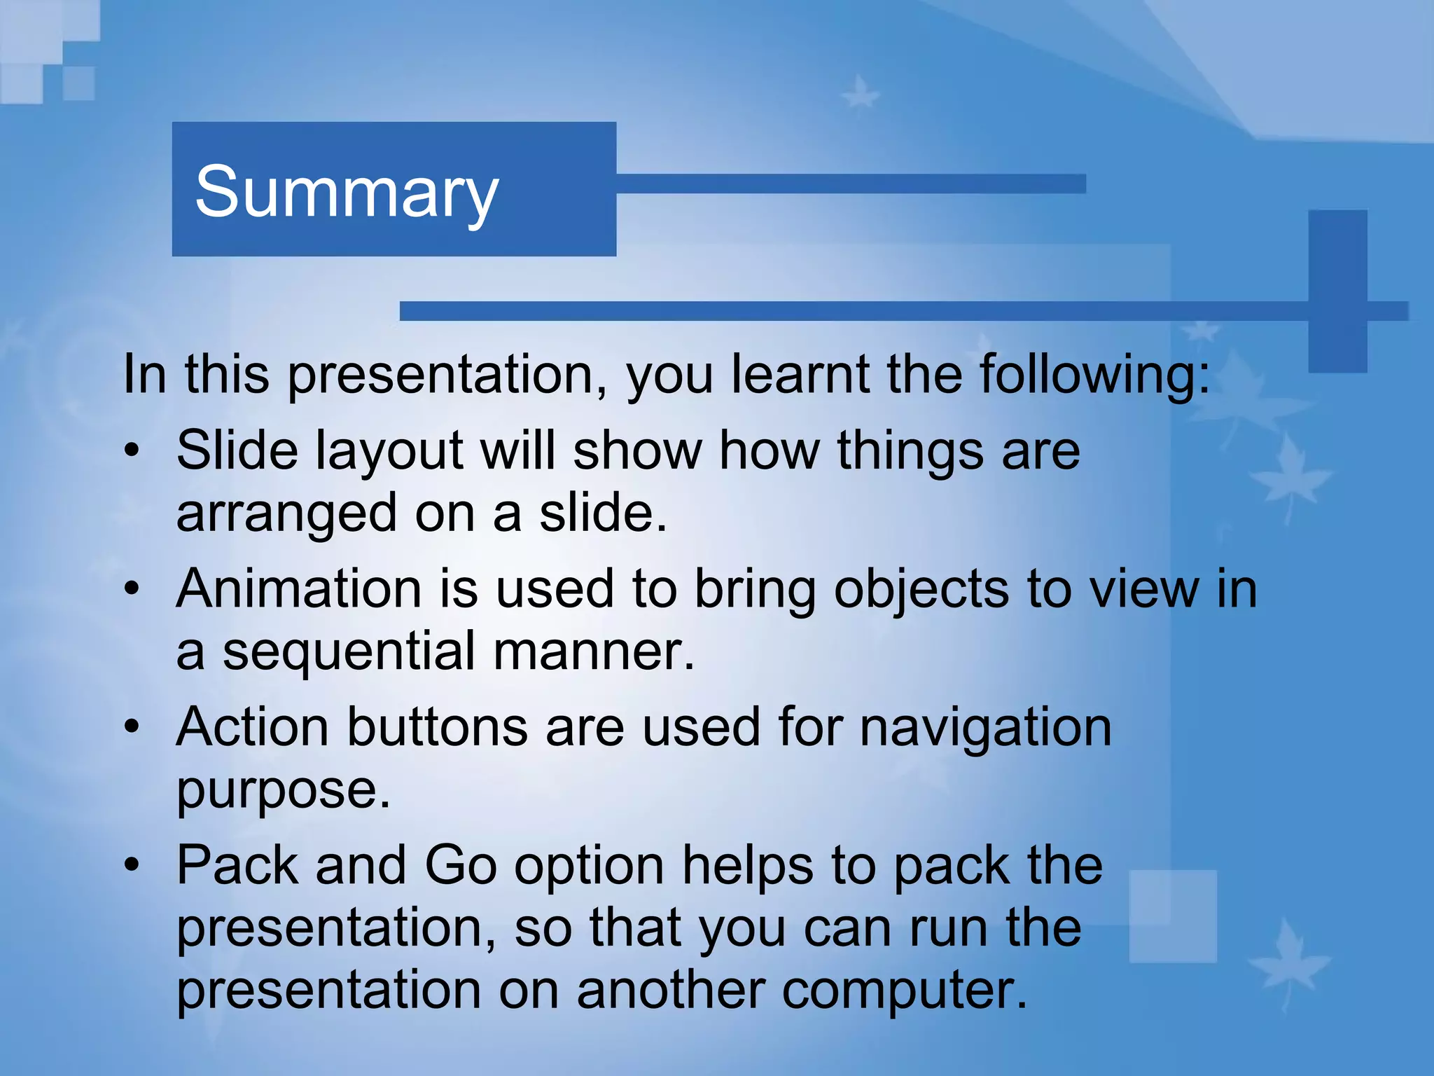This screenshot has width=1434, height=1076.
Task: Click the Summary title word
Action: click(x=347, y=192)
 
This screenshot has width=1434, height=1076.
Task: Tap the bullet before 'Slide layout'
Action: click(x=132, y=450)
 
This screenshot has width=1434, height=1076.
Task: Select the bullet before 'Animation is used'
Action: click(x=132, y=588)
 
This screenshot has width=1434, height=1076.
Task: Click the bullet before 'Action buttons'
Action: click(x=132, y=727)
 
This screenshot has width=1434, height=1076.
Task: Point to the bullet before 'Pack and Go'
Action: click(x=132, y=865)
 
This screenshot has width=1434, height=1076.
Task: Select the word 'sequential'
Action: click(x=349, y=651)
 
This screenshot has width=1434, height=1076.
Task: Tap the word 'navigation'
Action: click(x=985, y=727)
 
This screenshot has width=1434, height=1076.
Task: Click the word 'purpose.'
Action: click(x=283, y=790)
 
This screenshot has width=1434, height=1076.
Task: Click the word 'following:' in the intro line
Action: click(x=1094, y=375)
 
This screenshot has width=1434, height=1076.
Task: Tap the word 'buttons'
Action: click(x=437, y=727)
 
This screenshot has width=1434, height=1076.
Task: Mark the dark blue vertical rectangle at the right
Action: click(x=1337, y=291)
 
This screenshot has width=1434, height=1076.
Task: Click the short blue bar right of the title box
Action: click(x=851, y=184)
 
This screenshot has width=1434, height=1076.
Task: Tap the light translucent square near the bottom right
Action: click(x=1173, y=916)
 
